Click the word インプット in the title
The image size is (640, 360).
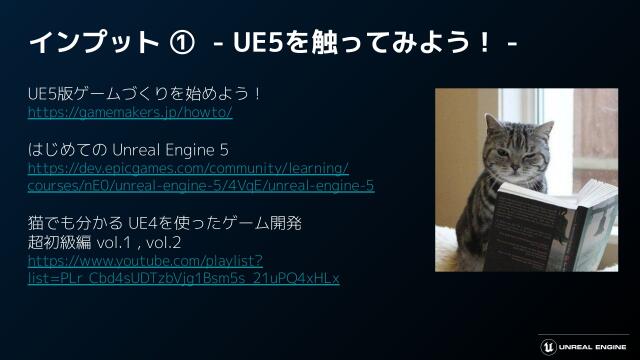91,43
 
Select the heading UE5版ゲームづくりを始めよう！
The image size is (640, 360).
145,95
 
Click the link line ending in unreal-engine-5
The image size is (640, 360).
200,186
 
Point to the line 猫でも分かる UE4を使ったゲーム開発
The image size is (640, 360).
164,222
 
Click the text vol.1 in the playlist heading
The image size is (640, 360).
135,241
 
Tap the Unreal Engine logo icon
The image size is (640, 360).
547,340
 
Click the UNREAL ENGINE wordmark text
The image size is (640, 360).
593,341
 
